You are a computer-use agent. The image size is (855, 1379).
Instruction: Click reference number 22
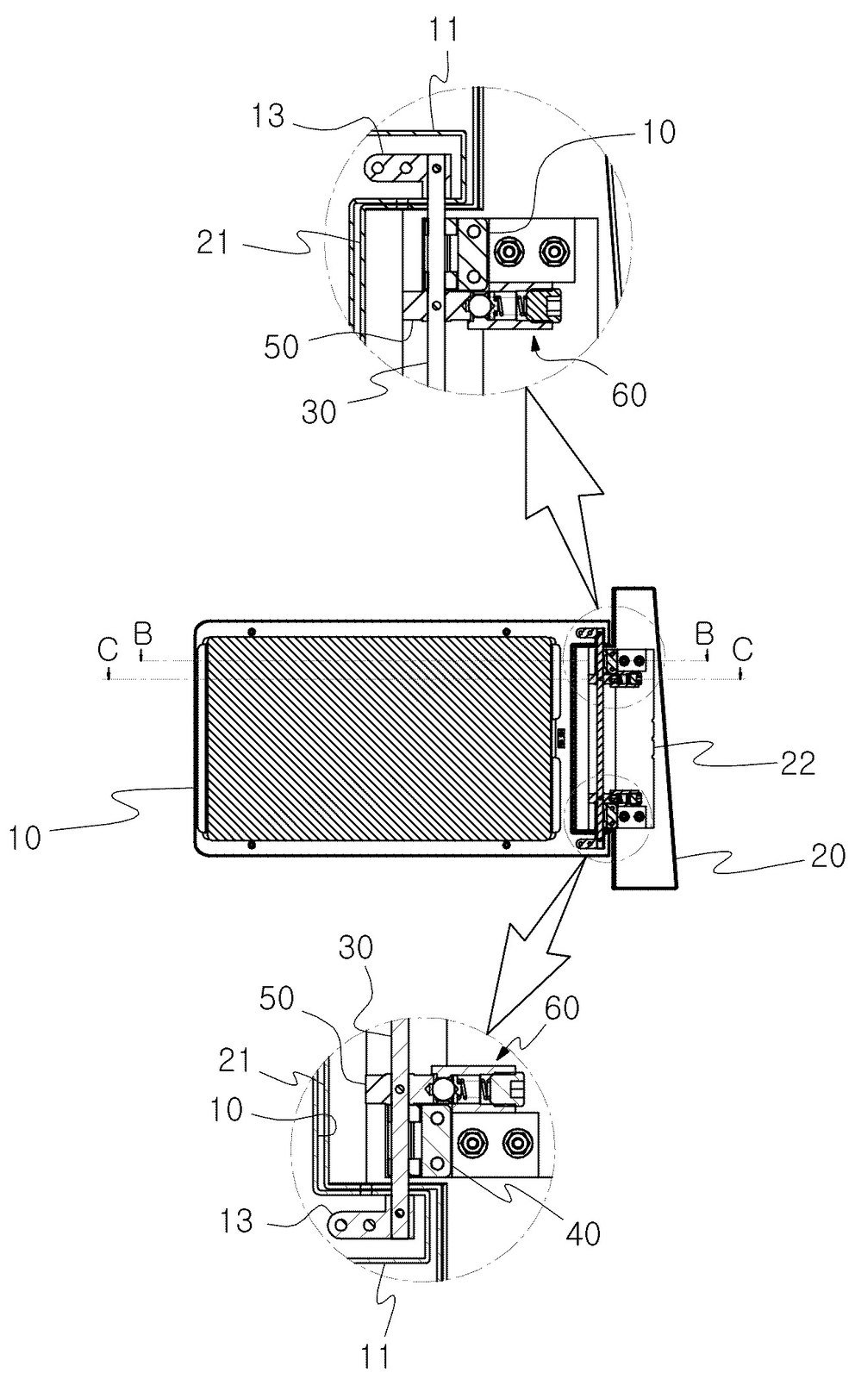(797, 764)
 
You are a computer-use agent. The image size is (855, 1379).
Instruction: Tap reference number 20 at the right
(827, 857)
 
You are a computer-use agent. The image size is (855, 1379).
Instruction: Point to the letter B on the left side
(141, 634)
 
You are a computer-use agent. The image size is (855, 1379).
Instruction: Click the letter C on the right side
(742, 649)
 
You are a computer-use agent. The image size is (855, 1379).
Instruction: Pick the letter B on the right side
(705, 633)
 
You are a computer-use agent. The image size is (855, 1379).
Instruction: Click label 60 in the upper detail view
(627, 395)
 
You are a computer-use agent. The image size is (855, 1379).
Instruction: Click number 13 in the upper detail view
(268, 115)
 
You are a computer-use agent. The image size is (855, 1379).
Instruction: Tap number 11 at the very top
(445, 31)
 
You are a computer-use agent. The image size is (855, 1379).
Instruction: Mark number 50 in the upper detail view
(281, 347)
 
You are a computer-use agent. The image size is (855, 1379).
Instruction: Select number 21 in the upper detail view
(213, 242)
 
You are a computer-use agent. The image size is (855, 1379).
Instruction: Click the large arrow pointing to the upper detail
(567, 498)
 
